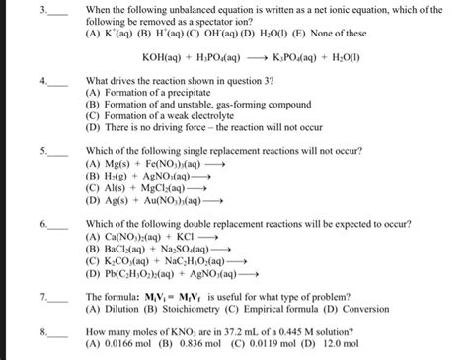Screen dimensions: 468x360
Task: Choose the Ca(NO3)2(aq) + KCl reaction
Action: tap(144, 238)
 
